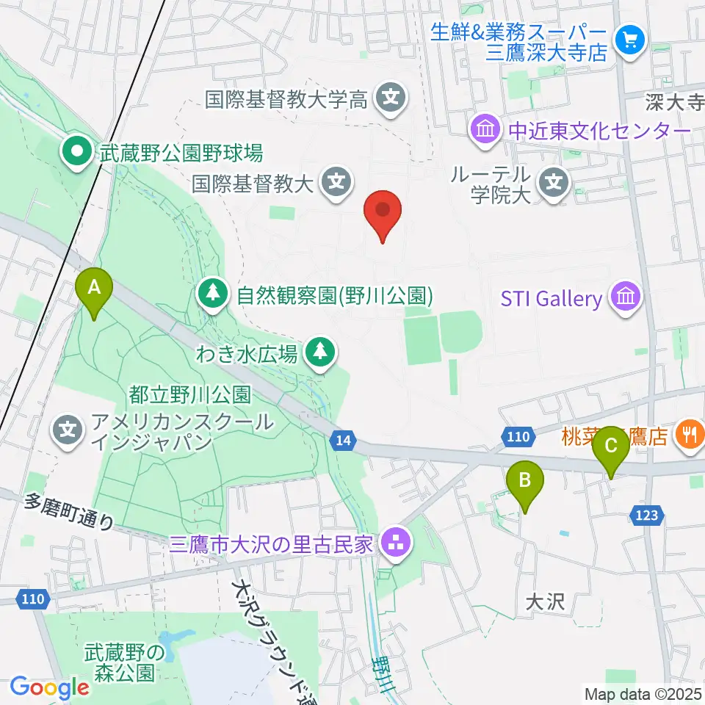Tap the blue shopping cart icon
[630, 39]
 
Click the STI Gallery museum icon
[625, 298]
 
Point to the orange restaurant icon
[688, 435]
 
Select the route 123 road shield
[646, 516]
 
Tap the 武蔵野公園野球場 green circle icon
[76, 153]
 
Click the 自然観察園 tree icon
[213, 296]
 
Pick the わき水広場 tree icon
[319, 353]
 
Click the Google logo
[49, 688]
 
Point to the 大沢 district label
[544, 602]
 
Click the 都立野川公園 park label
[190, 394]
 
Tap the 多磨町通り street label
[70, 511]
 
